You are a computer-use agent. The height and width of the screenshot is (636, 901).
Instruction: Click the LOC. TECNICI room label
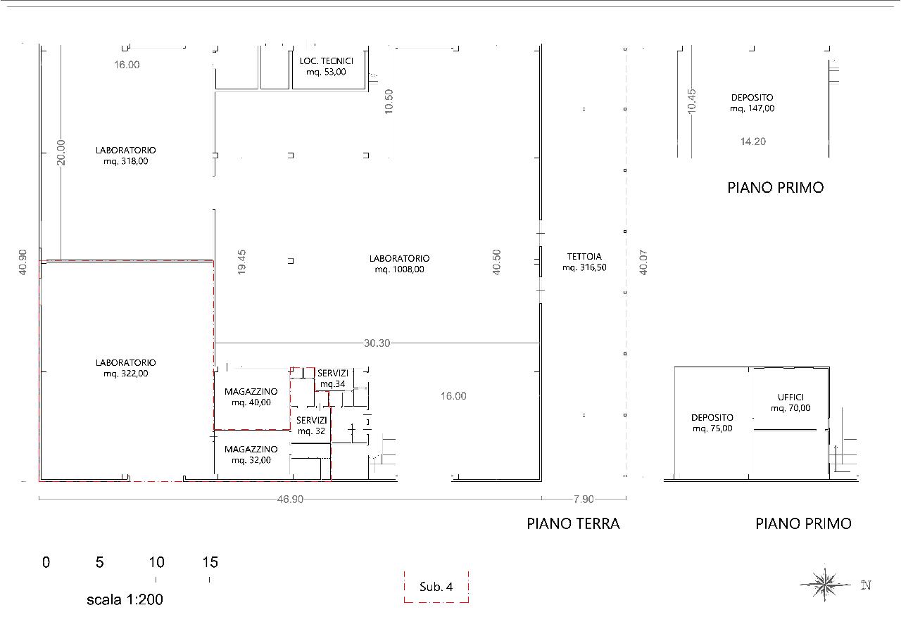[326, 61]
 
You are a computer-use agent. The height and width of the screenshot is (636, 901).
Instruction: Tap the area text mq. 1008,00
[399, 269]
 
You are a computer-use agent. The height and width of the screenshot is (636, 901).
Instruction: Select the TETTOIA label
[584, 257]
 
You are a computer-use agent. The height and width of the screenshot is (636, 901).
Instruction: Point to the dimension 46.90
[290, 499]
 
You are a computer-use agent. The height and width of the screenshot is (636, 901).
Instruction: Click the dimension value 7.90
[584, 499]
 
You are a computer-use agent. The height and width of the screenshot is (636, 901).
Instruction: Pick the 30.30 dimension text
[377, 343]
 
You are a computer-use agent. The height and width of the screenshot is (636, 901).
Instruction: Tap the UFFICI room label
[790, 397]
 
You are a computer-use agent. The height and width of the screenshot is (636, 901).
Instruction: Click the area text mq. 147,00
[752, 108]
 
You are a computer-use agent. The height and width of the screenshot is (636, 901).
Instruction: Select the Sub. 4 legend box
[436, 587]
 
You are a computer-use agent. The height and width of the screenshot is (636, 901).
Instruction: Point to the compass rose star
[824, 585]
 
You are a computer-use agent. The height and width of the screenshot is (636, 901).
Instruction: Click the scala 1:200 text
[125, 599]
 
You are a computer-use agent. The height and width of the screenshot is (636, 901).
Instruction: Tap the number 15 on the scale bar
[210, 562]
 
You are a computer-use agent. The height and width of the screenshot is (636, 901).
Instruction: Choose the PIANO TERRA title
[573, 524]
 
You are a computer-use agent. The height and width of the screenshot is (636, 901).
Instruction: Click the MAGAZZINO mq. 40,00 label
[251, 397]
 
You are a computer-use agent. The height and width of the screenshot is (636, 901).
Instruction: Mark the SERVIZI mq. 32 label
[311, 426]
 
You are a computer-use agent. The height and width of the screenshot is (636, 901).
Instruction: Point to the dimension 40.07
[643, 262]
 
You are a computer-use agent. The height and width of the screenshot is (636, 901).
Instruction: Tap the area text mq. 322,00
[126, 374]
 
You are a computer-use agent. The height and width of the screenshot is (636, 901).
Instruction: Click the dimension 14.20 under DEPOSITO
[753, 141]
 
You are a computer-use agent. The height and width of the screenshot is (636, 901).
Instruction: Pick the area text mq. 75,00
[712, 428]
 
